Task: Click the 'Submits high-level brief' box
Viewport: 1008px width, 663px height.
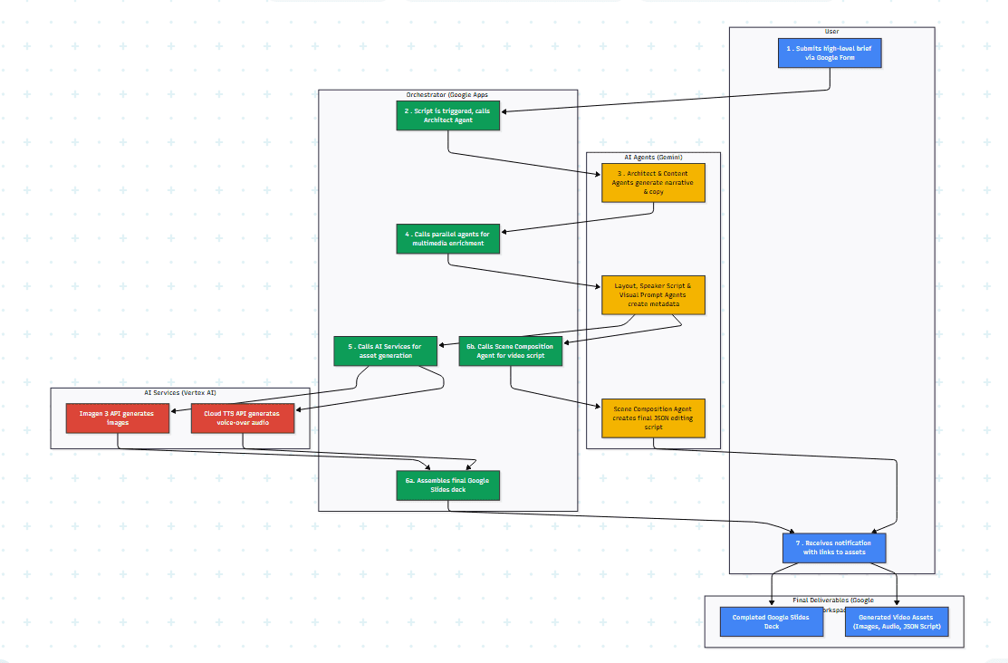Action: pyautogui.click(x=830, y=53)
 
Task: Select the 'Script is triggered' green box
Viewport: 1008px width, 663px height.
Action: pyautogui.click(x=448, y=115)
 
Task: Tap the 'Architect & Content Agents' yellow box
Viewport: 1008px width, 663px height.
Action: pyautogui.click(x=653, y=182)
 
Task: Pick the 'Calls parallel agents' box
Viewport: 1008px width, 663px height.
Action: pyautogui.click(x=448, y=238)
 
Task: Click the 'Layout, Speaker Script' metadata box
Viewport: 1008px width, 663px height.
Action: pyautogui.click(x=653, y=294)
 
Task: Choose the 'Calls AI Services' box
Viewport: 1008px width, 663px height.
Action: pyautogui.click(x=385, y=351)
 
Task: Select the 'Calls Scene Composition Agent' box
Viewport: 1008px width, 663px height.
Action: pyautogui.click(x=511, y=351)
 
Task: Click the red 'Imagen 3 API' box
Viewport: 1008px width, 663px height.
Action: pyautogui.click(x=118, y=418)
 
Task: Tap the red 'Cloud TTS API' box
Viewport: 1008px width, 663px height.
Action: pyautogui.click(x=243, y=418)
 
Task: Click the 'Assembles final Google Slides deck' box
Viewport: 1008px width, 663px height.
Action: pyautogui.click(x=448, y=485)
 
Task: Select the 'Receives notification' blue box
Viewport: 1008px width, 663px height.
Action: pyautogui.click(x=834, y=547)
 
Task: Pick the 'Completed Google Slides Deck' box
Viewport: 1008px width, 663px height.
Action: pyautogui.click(x=772, y=621)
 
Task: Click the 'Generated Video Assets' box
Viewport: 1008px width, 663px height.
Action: pyautogui.click(x=897, y=621)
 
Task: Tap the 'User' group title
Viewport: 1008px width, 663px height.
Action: pyautogui.click(x=831, y=32)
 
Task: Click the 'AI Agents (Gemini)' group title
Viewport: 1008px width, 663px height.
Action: pyautogui.click(x=653, y=158)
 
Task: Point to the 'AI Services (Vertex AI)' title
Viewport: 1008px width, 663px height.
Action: pyautogui.click(x=180, y=393)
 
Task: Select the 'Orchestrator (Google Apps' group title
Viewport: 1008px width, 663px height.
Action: pyautogui.click(x=447, y=94)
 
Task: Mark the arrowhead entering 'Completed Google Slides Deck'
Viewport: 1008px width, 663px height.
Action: pyautogui.click(x=772, y=603)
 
